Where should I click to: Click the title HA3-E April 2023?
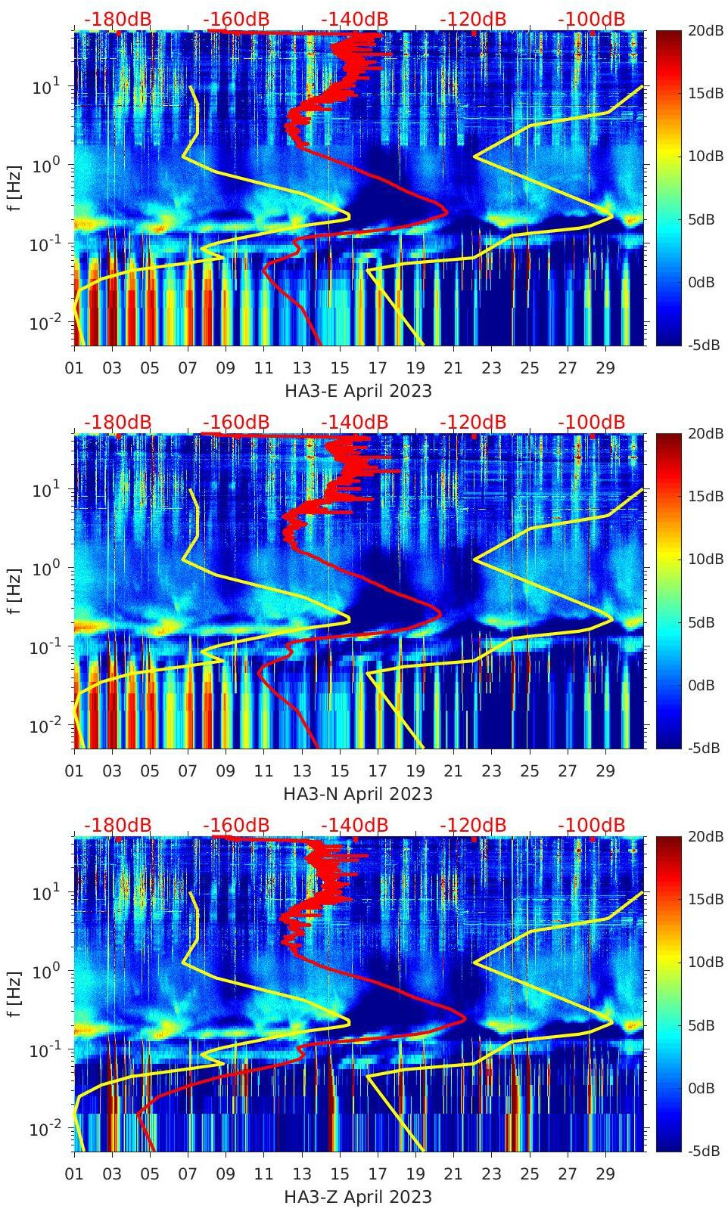(x=358, y=391)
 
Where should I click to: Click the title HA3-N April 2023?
(x=358, y=794)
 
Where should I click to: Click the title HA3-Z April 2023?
(x=358, y=1197)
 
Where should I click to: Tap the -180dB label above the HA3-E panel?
(x=118, y=19)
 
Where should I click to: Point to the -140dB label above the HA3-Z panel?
(x=354, y=825)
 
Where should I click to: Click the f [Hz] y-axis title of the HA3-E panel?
(x=15, y=188)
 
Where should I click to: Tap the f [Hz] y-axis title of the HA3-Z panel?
(x=15, y=994)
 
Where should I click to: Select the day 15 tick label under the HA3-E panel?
(x=340, y=368)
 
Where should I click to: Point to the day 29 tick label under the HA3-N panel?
(x=605, y=771)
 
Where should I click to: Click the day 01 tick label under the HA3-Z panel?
(x=74, y=1174)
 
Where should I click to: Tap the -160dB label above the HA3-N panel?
(x=236, y=422)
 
